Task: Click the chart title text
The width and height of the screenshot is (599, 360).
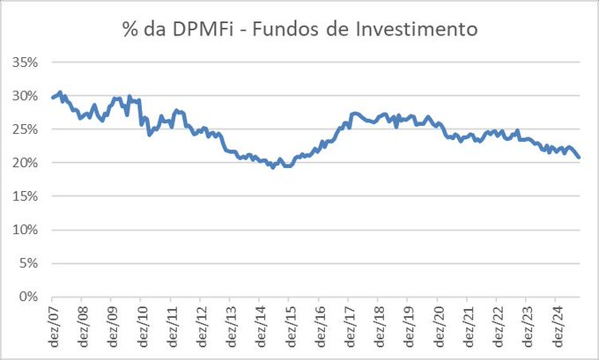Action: click(299, 29)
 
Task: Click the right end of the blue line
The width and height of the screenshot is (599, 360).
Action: click(579, 158)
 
